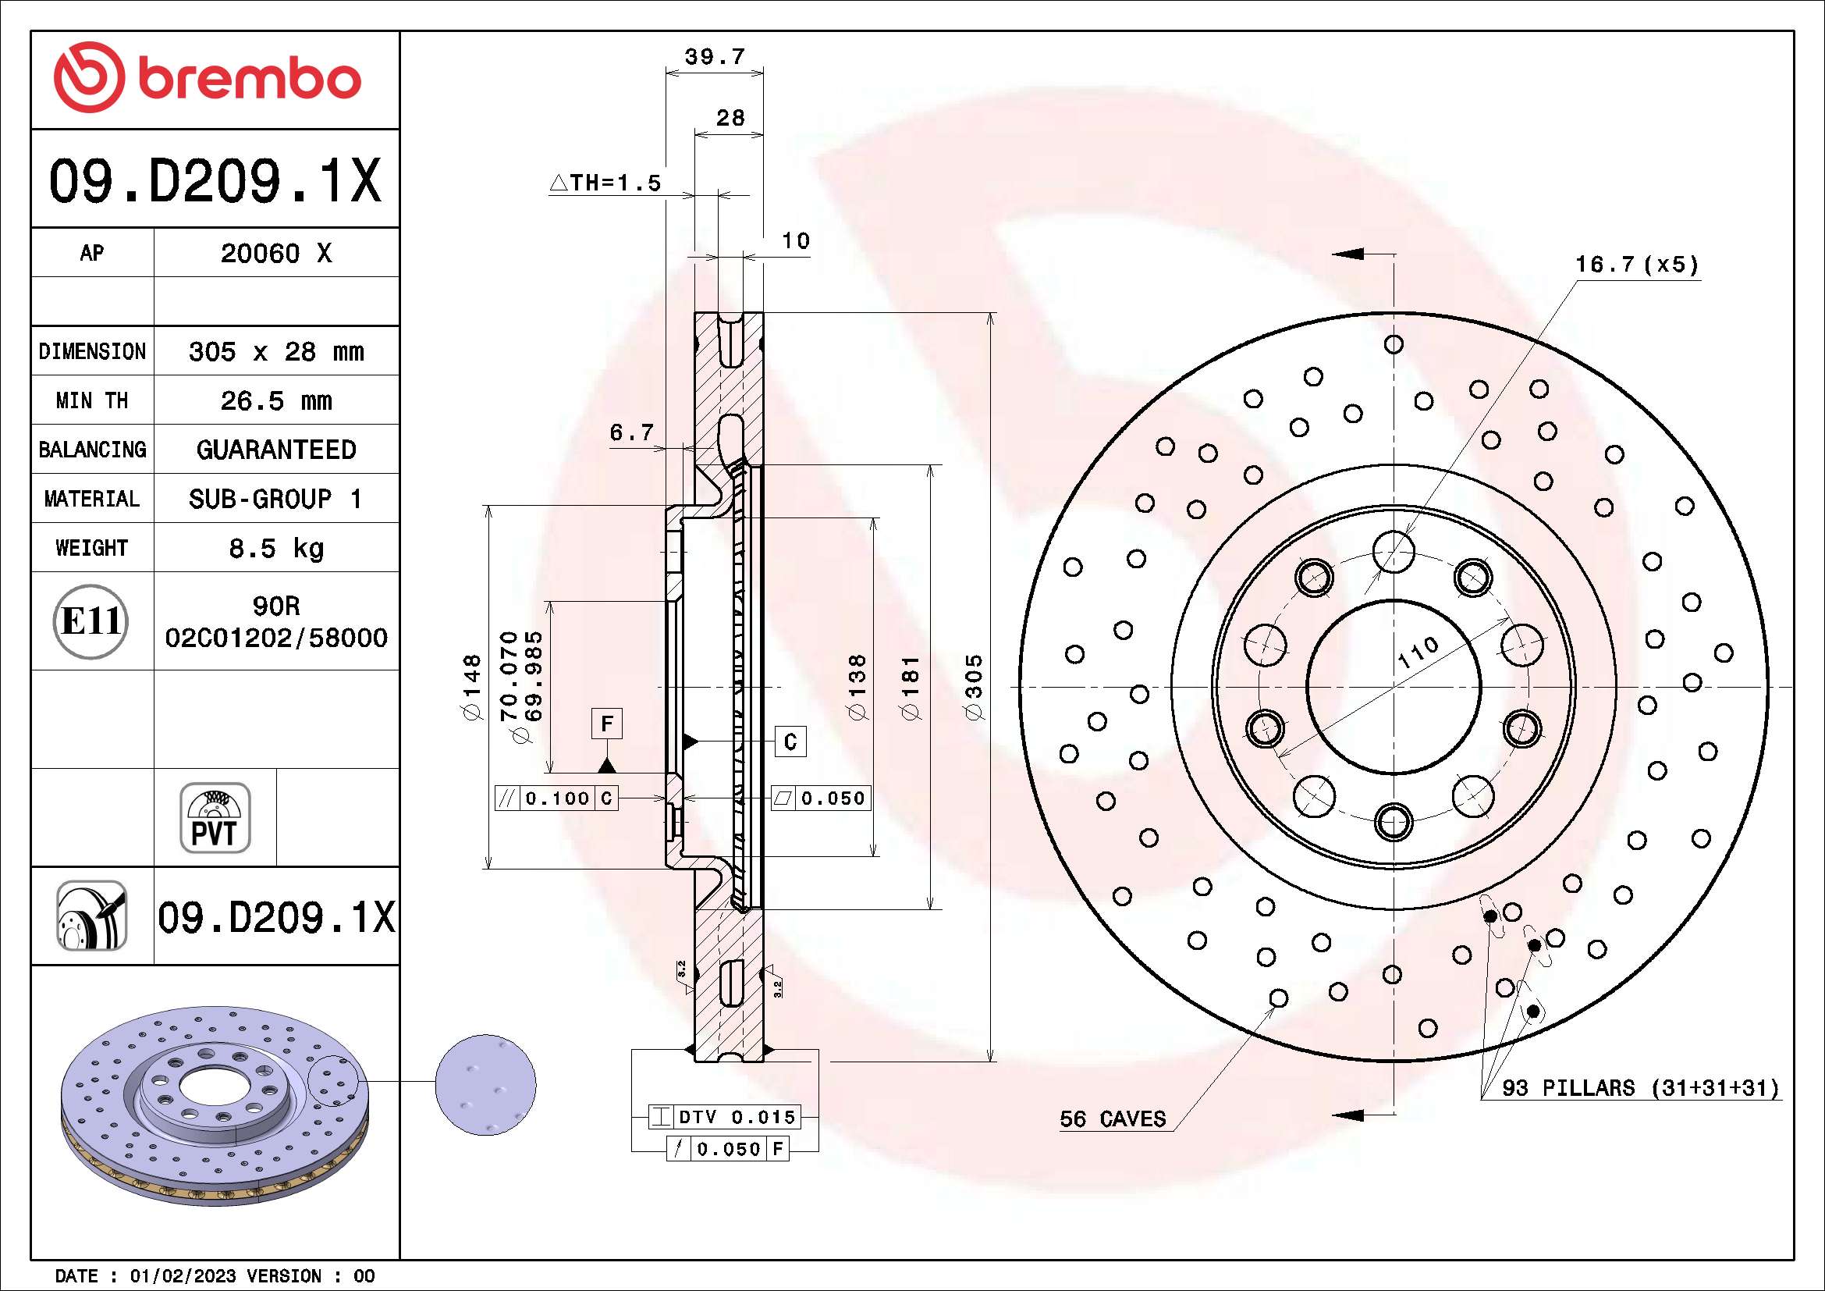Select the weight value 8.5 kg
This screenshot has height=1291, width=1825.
275,549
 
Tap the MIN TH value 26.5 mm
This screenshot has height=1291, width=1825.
275,400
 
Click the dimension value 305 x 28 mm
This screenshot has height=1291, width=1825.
275,351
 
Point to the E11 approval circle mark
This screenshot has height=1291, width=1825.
91,621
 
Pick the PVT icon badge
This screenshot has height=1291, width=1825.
215,818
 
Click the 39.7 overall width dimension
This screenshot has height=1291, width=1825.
715,57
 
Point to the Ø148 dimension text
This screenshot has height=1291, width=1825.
472,687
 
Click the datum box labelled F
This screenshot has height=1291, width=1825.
607,724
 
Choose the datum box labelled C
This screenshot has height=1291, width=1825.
790,742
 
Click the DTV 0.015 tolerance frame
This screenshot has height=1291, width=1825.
724,1117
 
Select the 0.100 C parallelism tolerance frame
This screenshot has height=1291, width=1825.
556,798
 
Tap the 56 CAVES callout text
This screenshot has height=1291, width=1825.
1112,1119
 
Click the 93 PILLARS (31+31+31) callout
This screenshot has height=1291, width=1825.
1640,1087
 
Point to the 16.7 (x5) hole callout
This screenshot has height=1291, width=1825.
1637,264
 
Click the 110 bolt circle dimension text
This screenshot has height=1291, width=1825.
1418,652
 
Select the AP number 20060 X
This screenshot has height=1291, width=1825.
275,254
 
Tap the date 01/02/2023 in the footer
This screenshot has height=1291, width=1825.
183,1276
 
